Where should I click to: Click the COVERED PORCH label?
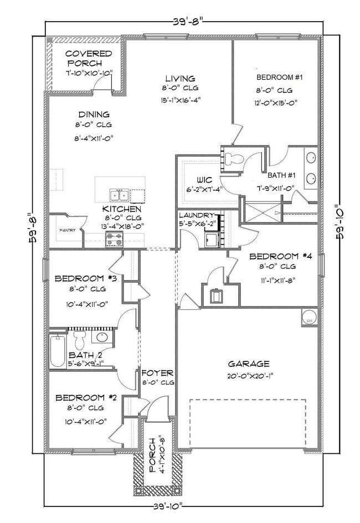coord(89,59)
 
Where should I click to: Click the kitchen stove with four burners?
coord(115,240)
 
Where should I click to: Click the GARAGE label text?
coord(249,364)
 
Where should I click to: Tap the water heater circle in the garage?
coord(309,317)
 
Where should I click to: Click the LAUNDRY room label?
coord(196,215)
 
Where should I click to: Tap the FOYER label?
coord(158,372)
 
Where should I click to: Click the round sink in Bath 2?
coord(102,337)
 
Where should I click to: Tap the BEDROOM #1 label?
coord(279,77)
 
